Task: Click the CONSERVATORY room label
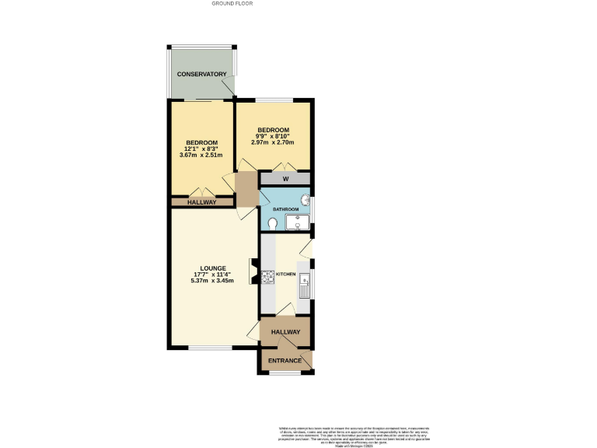click(x=201, y=75)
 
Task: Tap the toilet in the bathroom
click(x=271, y=223)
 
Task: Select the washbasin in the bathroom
click(x=305, y=205)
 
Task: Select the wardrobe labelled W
click(x=285, y=179)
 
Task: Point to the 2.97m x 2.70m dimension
click(x=274, y=142)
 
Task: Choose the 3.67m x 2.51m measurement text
click(x=201, y=155)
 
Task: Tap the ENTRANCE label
click(x=285, y=361)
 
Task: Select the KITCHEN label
click(x=286, y=275)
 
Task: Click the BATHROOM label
click(x=285, y=209)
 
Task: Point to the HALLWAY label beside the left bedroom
click(x=201, y=202)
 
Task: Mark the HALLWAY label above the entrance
click(x=285, y=332)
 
